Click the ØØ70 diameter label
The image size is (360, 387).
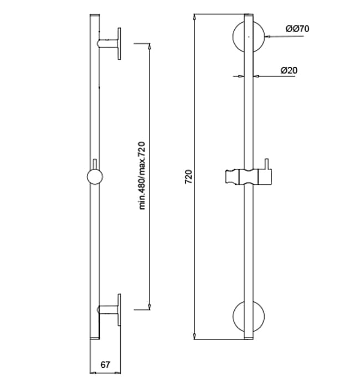pos(297,29)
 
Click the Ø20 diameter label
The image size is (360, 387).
pos(289,70)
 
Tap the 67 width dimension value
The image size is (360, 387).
pos(105,364)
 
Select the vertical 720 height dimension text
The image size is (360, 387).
pos(189,177)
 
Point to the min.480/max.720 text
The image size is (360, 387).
pos(142,176)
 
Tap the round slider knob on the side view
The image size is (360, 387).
pos(95,177)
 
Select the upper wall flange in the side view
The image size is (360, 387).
pos(120,43)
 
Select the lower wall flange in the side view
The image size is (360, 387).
pos(120,309)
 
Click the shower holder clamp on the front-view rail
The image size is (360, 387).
pos(248,177)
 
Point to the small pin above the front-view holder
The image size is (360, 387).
pos(266,164)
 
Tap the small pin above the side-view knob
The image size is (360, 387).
pos(95,164)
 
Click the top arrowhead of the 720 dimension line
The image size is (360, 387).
pos(195,17)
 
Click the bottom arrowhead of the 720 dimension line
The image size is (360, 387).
pos(195,336)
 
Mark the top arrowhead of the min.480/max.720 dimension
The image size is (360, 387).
pos(150,47)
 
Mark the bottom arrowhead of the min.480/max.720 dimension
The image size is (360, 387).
pos(150,307)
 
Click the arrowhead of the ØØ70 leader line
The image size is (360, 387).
pos(268,37)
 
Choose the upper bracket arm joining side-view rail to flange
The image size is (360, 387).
pos(108,43)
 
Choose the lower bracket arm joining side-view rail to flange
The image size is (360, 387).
pos(108,309)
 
